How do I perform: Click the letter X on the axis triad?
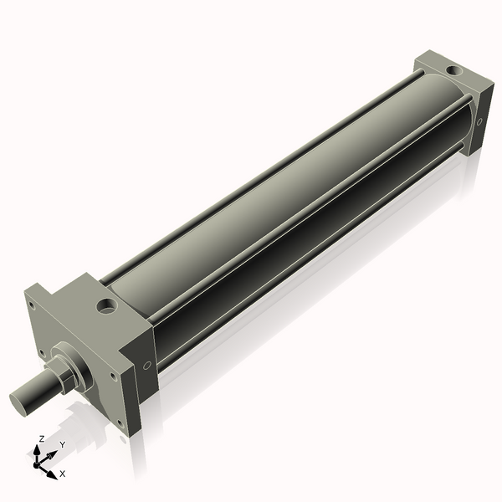pyautogui.click(x=63, y=474)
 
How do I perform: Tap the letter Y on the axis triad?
pyautogui.click(x=63, y=444)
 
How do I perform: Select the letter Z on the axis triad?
pyautogui.click(x=41, y=438)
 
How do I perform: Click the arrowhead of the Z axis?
pyautogui.click(x=37, y=451)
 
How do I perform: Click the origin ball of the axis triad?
pyautogui.click(x=36, y=465)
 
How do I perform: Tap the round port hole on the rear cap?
pyautogui.click(x=453, y=70)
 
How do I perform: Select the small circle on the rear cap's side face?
pyautogui.click(x=479, y=121)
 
